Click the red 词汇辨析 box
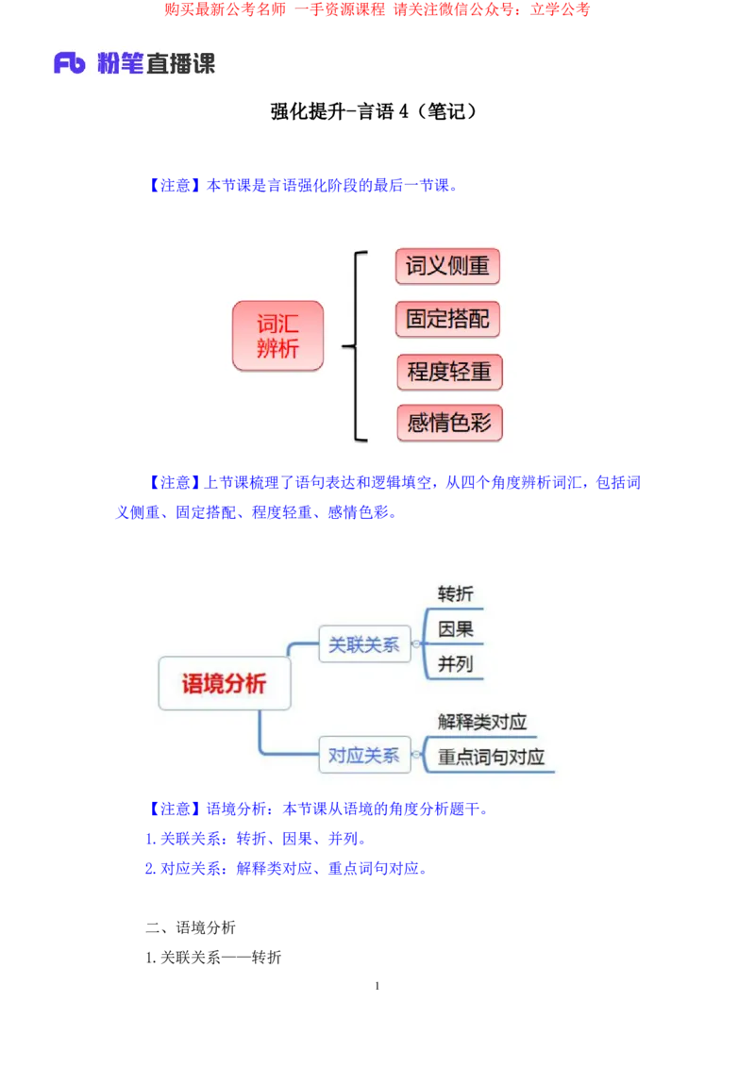coord(277,336)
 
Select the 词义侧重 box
coord(447,267)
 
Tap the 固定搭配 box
coord(447,319)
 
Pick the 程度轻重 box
coord(449,372)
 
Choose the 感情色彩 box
coord(449,423)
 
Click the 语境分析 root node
coord(224,683)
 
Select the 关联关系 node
coord(364,645)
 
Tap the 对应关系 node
coord(364,755)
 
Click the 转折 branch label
coord(456,593)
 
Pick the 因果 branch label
coord(456,628)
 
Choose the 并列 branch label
coord(456,663)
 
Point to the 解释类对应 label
coord(482,722)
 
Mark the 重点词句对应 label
coord(491,757)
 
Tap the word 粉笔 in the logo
coord(119,64)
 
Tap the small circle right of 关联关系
coord(416,645)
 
